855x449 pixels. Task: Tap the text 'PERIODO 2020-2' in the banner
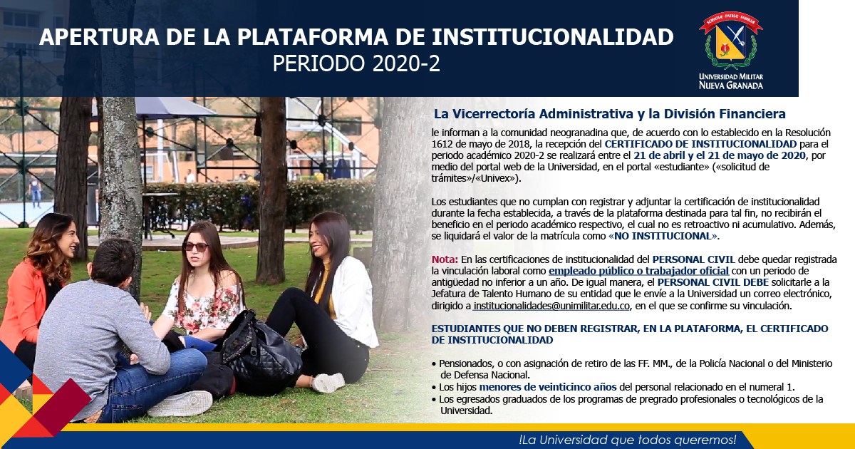click(356, 63)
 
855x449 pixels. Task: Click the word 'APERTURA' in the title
click(99, 37)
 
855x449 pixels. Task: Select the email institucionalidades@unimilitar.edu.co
click(551, 306)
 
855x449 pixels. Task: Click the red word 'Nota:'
click(445, 259)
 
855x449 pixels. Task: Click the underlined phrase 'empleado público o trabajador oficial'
click(638, 271)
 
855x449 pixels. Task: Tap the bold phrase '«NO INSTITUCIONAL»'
click(663, 236)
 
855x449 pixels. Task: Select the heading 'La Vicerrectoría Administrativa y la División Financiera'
click(610, 114)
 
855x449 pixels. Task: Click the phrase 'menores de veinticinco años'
click(548, 387)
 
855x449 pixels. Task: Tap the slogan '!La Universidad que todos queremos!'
click(628, 440)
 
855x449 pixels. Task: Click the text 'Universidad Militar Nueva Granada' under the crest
click(731, 81)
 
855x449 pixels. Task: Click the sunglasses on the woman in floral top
click(195, 247)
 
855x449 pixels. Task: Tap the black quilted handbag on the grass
click(261, 353)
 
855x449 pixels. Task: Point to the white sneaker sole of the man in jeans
click(180, 404)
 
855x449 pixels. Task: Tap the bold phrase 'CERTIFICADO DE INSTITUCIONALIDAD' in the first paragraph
click(700, 144)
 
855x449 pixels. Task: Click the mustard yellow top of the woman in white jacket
click(324, 290)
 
